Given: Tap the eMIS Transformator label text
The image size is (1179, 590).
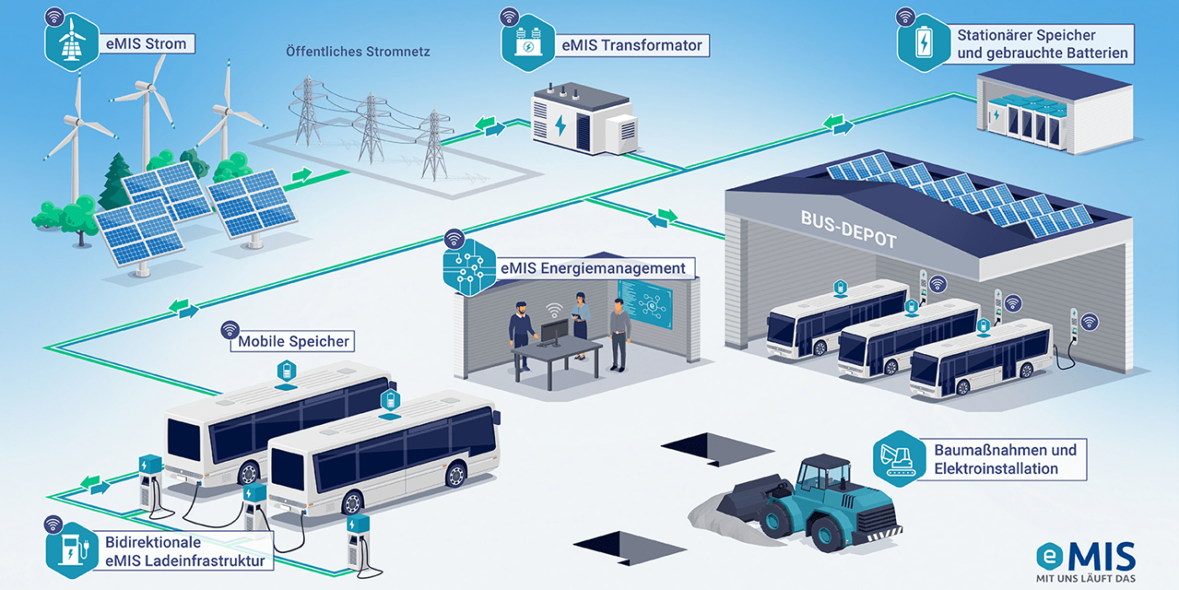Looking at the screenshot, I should tap(631, 46).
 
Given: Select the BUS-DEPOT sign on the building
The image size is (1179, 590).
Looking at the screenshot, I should tap(849, 230).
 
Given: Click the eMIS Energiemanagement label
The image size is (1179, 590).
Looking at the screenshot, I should tap(591, 269).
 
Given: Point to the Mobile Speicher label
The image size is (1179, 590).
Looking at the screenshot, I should tap(292, 341).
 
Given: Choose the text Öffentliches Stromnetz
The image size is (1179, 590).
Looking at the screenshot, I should tap(358, 51).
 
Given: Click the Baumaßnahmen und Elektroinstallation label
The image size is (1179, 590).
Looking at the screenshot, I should tap(1005, 459).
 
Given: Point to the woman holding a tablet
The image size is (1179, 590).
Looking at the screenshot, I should tap(580, 324).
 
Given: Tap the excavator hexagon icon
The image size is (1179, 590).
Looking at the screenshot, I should tap(897, 459).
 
